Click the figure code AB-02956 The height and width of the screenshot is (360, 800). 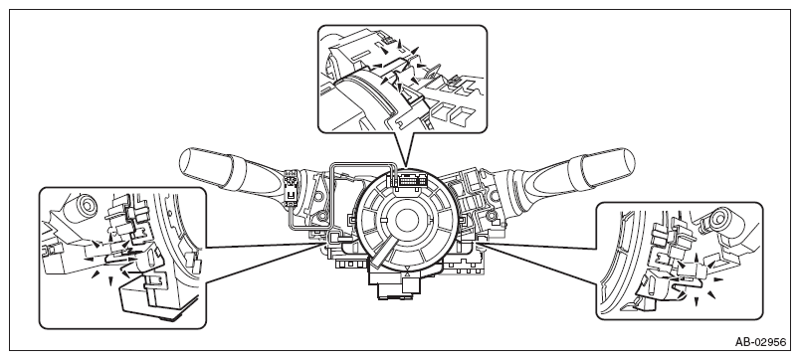pyautogui.click(x=760, y=342)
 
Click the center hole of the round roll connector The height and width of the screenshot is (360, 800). pyautogui.click(x=406, y=221)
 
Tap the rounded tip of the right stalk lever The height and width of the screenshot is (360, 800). pyautogui.click(x=627, y=162)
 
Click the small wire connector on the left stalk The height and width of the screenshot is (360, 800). pyautogui.click(x=292, y=188)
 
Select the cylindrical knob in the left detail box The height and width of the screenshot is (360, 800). pyautogui.click(x=82, y=205)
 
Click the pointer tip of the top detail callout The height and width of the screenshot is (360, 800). pyautogui.click(x=406, y=167)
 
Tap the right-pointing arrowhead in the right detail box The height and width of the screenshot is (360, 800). pyautogui.click(x=718, y=279)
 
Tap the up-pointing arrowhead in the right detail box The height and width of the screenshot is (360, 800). pyautogui.click(x=698, y=255)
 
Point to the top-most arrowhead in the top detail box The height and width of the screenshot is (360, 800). pyautogui.click(x=400, y=44)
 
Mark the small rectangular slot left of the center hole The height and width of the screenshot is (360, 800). pyautogui.click(x=383, y=221)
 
